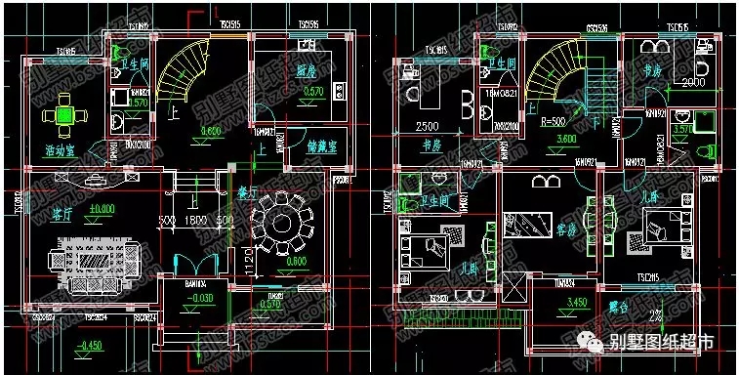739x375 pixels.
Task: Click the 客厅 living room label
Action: (x=62, y=208)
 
